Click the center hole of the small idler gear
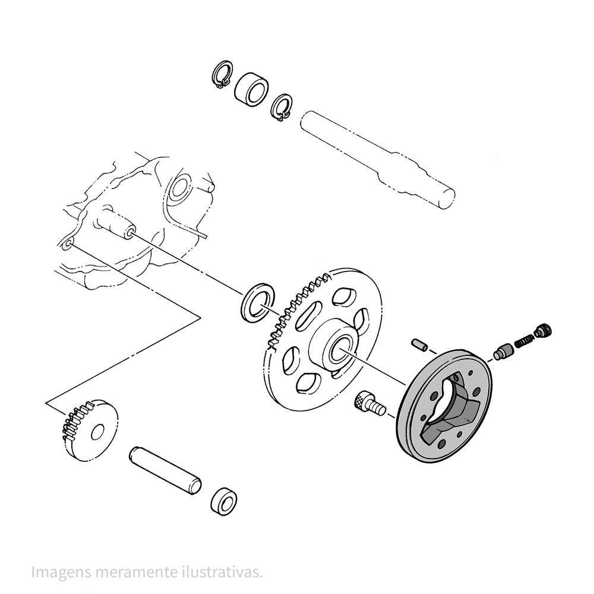98,431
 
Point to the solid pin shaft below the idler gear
166,470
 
